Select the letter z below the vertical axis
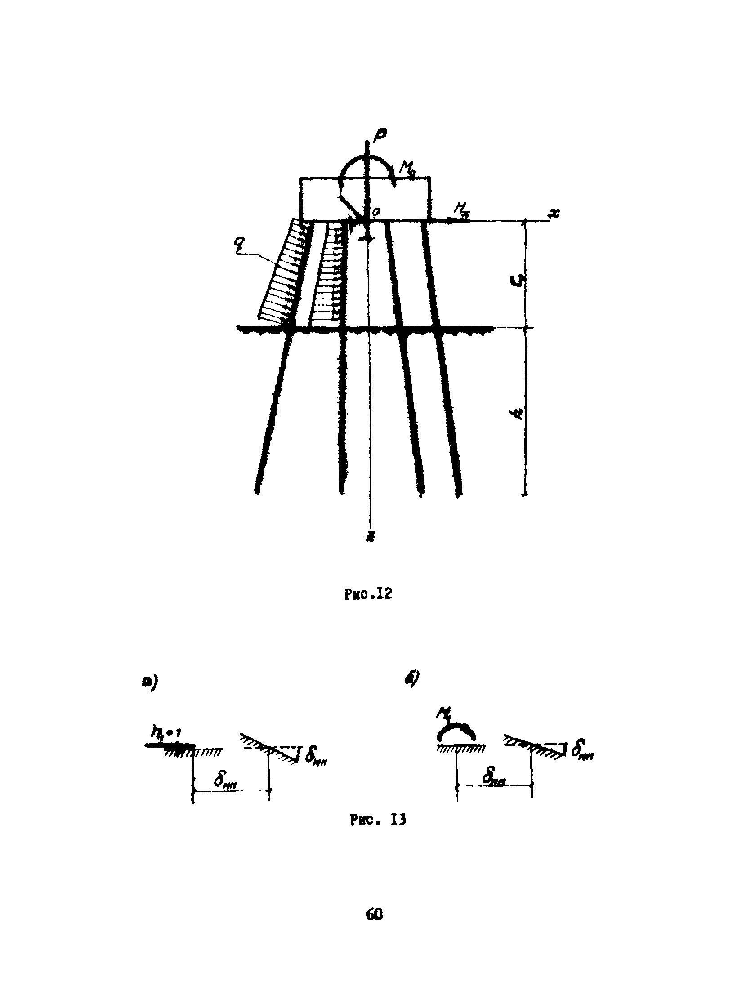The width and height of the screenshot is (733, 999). pos(369,538)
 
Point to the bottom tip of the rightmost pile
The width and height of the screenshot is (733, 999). pos(459,494)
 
